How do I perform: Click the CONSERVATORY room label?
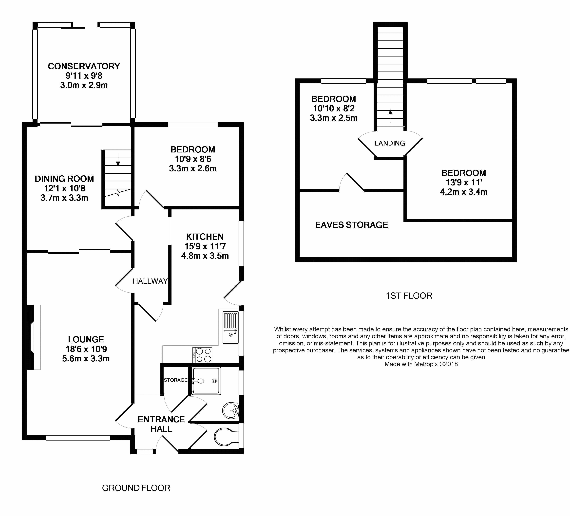click(x=84, y=66)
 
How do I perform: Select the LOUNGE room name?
click(x=86, y=339)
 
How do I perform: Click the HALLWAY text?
click(x=150, y=281)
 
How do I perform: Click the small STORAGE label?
click(x=176, y=380)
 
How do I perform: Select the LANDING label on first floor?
click(x=390, y=143)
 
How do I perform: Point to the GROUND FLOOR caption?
click(x=136, y=488)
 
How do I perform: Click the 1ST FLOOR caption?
click(x=409, y=296)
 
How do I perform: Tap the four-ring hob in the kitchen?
click(x=202, y=355)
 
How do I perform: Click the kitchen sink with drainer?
click(x=231, y=327)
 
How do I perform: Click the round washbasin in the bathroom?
click(x=231, y=410)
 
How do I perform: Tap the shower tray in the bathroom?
click(x=206, y=381)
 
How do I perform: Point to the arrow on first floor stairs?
click(x=390, y=116)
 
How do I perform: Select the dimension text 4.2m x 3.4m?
click(x=464, y=192)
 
